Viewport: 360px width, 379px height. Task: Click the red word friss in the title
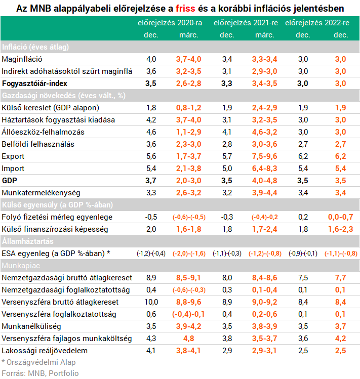coord(185,9)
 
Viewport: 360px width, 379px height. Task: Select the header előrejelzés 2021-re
coord(246,23)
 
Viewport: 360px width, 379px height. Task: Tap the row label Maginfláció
coord(22,59)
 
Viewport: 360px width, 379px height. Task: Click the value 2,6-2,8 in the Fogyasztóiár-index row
coord(189,83)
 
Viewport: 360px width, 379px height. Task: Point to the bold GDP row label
coord(10,181)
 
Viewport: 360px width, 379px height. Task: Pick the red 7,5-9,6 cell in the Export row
coord(265,156)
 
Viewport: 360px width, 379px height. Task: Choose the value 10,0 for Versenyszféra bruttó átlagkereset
coord(151,302)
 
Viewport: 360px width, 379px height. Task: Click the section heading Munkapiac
coord(21,266)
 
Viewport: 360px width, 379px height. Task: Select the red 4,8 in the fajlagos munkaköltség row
coord(189,339)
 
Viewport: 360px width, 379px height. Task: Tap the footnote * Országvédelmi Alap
coord(38,362)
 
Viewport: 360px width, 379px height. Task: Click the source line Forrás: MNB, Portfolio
coord(40,373)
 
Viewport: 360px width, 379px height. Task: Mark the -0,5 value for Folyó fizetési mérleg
coord(151,217)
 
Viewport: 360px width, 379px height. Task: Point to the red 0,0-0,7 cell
coord(341,217)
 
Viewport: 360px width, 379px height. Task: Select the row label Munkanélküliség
coord(31,326)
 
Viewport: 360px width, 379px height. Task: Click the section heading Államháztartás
coord(27,241)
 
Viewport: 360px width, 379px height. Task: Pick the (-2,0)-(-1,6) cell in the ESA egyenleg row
coord(189,254)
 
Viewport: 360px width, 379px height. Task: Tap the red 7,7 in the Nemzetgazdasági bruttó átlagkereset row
coord(341,278)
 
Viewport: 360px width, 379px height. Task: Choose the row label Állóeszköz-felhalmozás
coord(43,132)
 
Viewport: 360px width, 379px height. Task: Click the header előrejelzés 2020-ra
coord(170,23)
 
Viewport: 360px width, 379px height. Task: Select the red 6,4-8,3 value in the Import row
coord(265,169)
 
